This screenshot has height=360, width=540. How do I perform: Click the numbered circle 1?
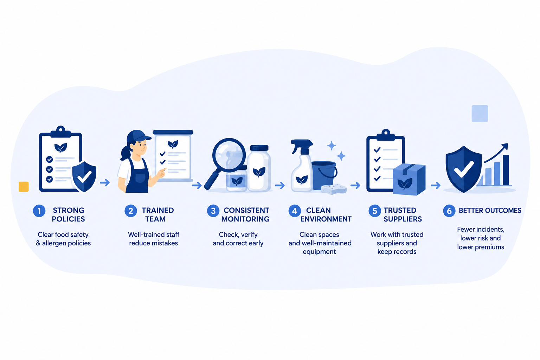click(x=39, y=211)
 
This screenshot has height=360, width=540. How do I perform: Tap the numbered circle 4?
click(x=295, y=211)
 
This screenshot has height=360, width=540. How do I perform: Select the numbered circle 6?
click(x=449, y=211)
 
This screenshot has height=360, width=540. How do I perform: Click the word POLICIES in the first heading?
click(x=69, y=219)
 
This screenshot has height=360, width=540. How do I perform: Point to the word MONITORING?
click(x=245, y=219)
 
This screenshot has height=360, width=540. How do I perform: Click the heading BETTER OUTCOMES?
click(x=490, y=211)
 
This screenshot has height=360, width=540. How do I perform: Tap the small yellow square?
click(x=24, y=187)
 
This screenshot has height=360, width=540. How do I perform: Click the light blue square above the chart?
click(x=480, y=113)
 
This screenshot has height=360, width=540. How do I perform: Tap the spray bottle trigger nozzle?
click(x=301, y=145)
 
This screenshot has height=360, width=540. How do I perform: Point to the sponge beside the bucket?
click(x=334, y=189)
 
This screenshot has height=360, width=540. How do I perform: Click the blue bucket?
click(x=324, y=175)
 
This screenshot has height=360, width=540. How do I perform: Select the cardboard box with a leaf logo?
click(x=409, y=179)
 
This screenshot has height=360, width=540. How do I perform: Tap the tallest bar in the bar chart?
click(x=506, y=170)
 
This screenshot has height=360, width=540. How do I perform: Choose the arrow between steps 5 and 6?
click(x=436, y=185)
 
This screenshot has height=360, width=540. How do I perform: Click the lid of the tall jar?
click(x=259, y=148)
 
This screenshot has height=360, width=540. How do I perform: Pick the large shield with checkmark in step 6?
click(x=464, y=169)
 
